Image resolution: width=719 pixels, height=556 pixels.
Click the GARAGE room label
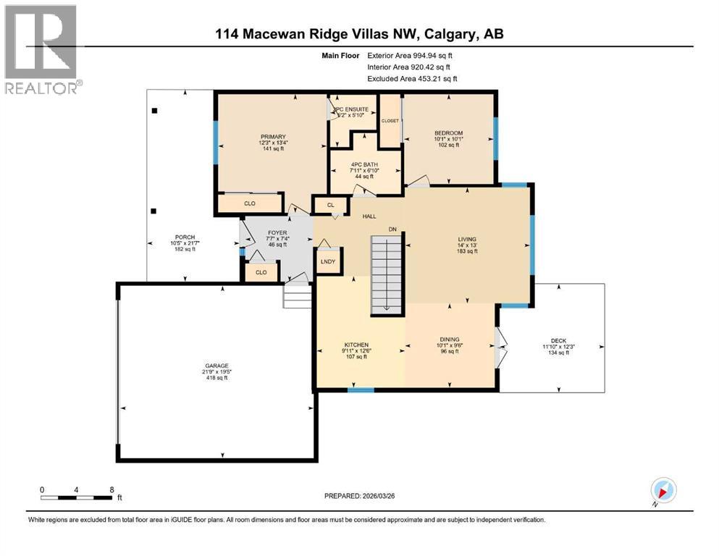coord(216,366)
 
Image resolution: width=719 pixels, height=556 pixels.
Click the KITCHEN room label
coord(357,345)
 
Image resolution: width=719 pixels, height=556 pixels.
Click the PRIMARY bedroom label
coord(274,137)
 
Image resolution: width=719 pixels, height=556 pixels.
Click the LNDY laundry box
coord(329,261)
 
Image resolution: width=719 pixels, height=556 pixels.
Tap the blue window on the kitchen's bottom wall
coord(361,391)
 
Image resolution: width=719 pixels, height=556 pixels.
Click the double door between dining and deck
coord(499,346)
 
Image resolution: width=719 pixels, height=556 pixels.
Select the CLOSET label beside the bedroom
coord(390,120)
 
